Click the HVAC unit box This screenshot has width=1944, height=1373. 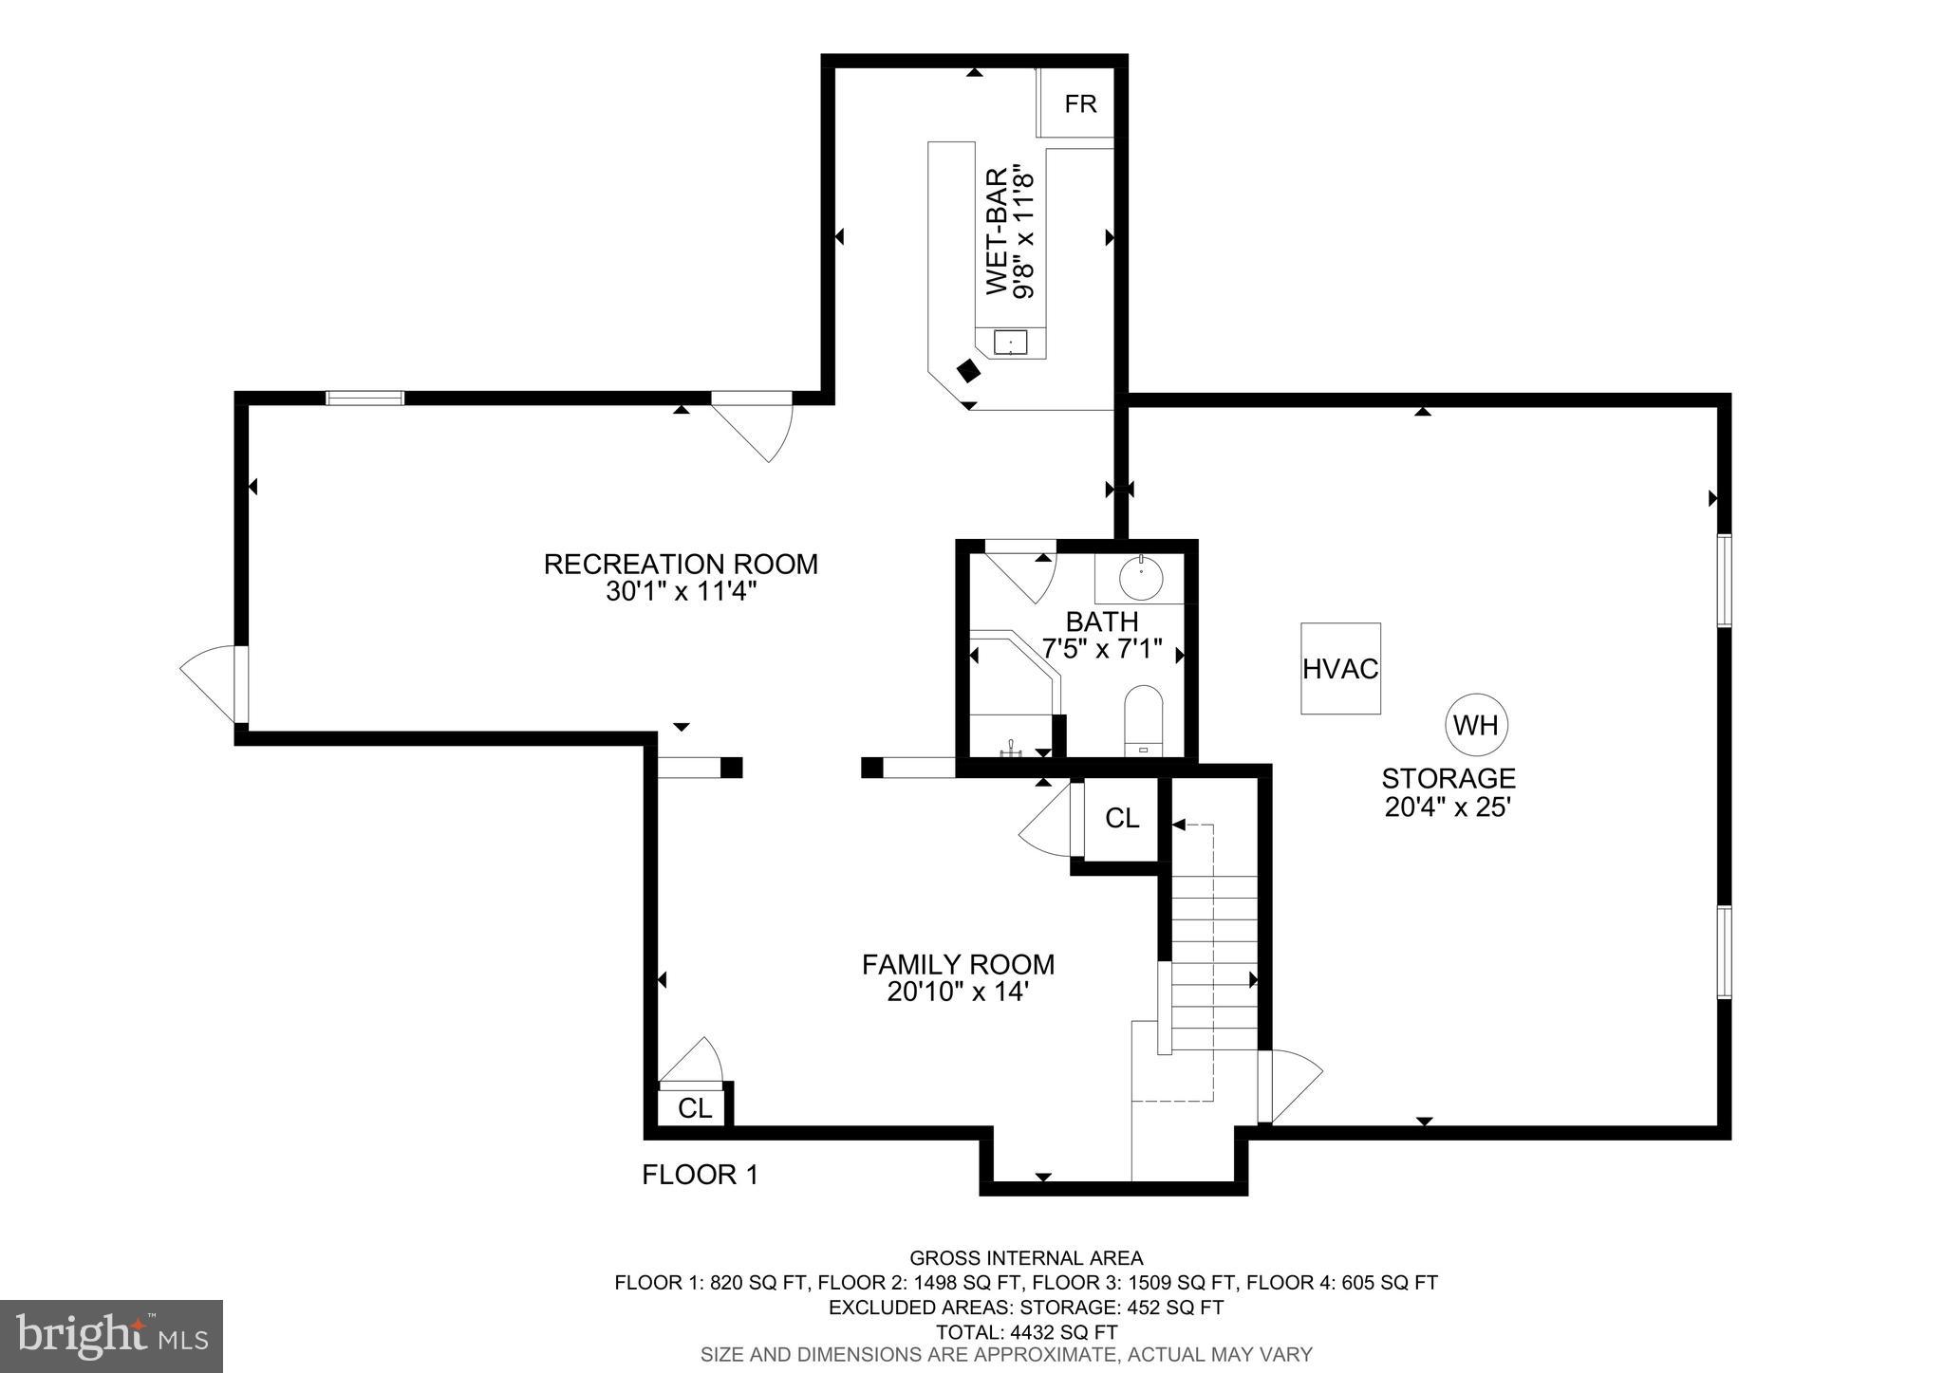tap(1339, 668)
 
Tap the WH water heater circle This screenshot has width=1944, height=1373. tap(1476, 726)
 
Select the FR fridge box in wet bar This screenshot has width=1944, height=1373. tap(1079, 103)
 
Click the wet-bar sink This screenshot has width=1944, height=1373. tap(1010, 343)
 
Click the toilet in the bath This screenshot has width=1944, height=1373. tap(1143, 720)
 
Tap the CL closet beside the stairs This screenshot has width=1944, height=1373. tap(1122, 818)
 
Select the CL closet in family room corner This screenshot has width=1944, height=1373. tap(695, 1107)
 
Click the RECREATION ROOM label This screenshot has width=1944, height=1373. tap(681, 564)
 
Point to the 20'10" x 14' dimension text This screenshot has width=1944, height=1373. tap(958, 993)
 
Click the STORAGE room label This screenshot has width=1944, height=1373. tap(1448, 778)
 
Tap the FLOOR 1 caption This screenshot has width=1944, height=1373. tap(700, 1175)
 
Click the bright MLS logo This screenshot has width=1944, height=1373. tap(111, 1336)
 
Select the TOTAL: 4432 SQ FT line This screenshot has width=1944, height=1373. tap(1026, 1331)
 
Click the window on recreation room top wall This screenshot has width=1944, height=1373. tap(364, 398)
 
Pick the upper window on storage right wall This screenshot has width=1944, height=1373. tap(1724, 580)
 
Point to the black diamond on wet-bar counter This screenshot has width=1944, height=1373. tap(968, 371)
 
